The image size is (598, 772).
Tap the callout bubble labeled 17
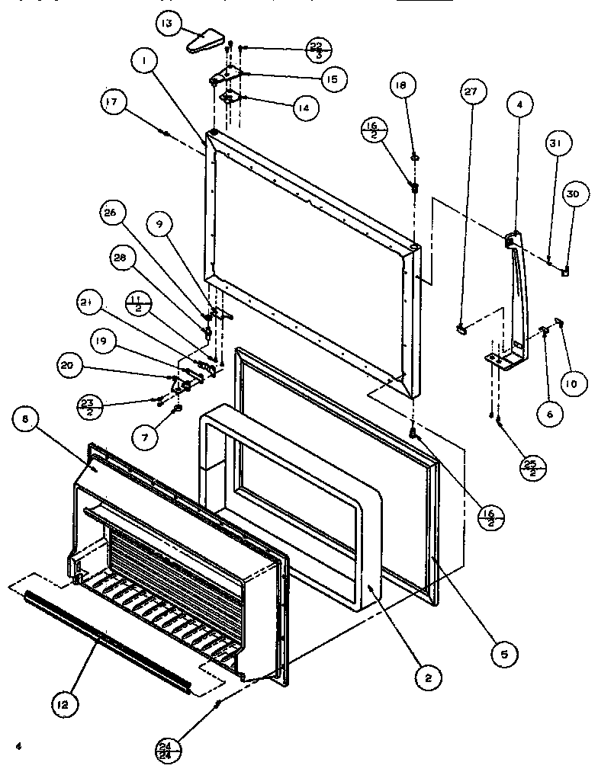114,103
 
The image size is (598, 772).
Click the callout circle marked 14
303,107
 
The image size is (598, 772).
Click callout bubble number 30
573,195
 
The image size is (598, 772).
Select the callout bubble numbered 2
429,676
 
